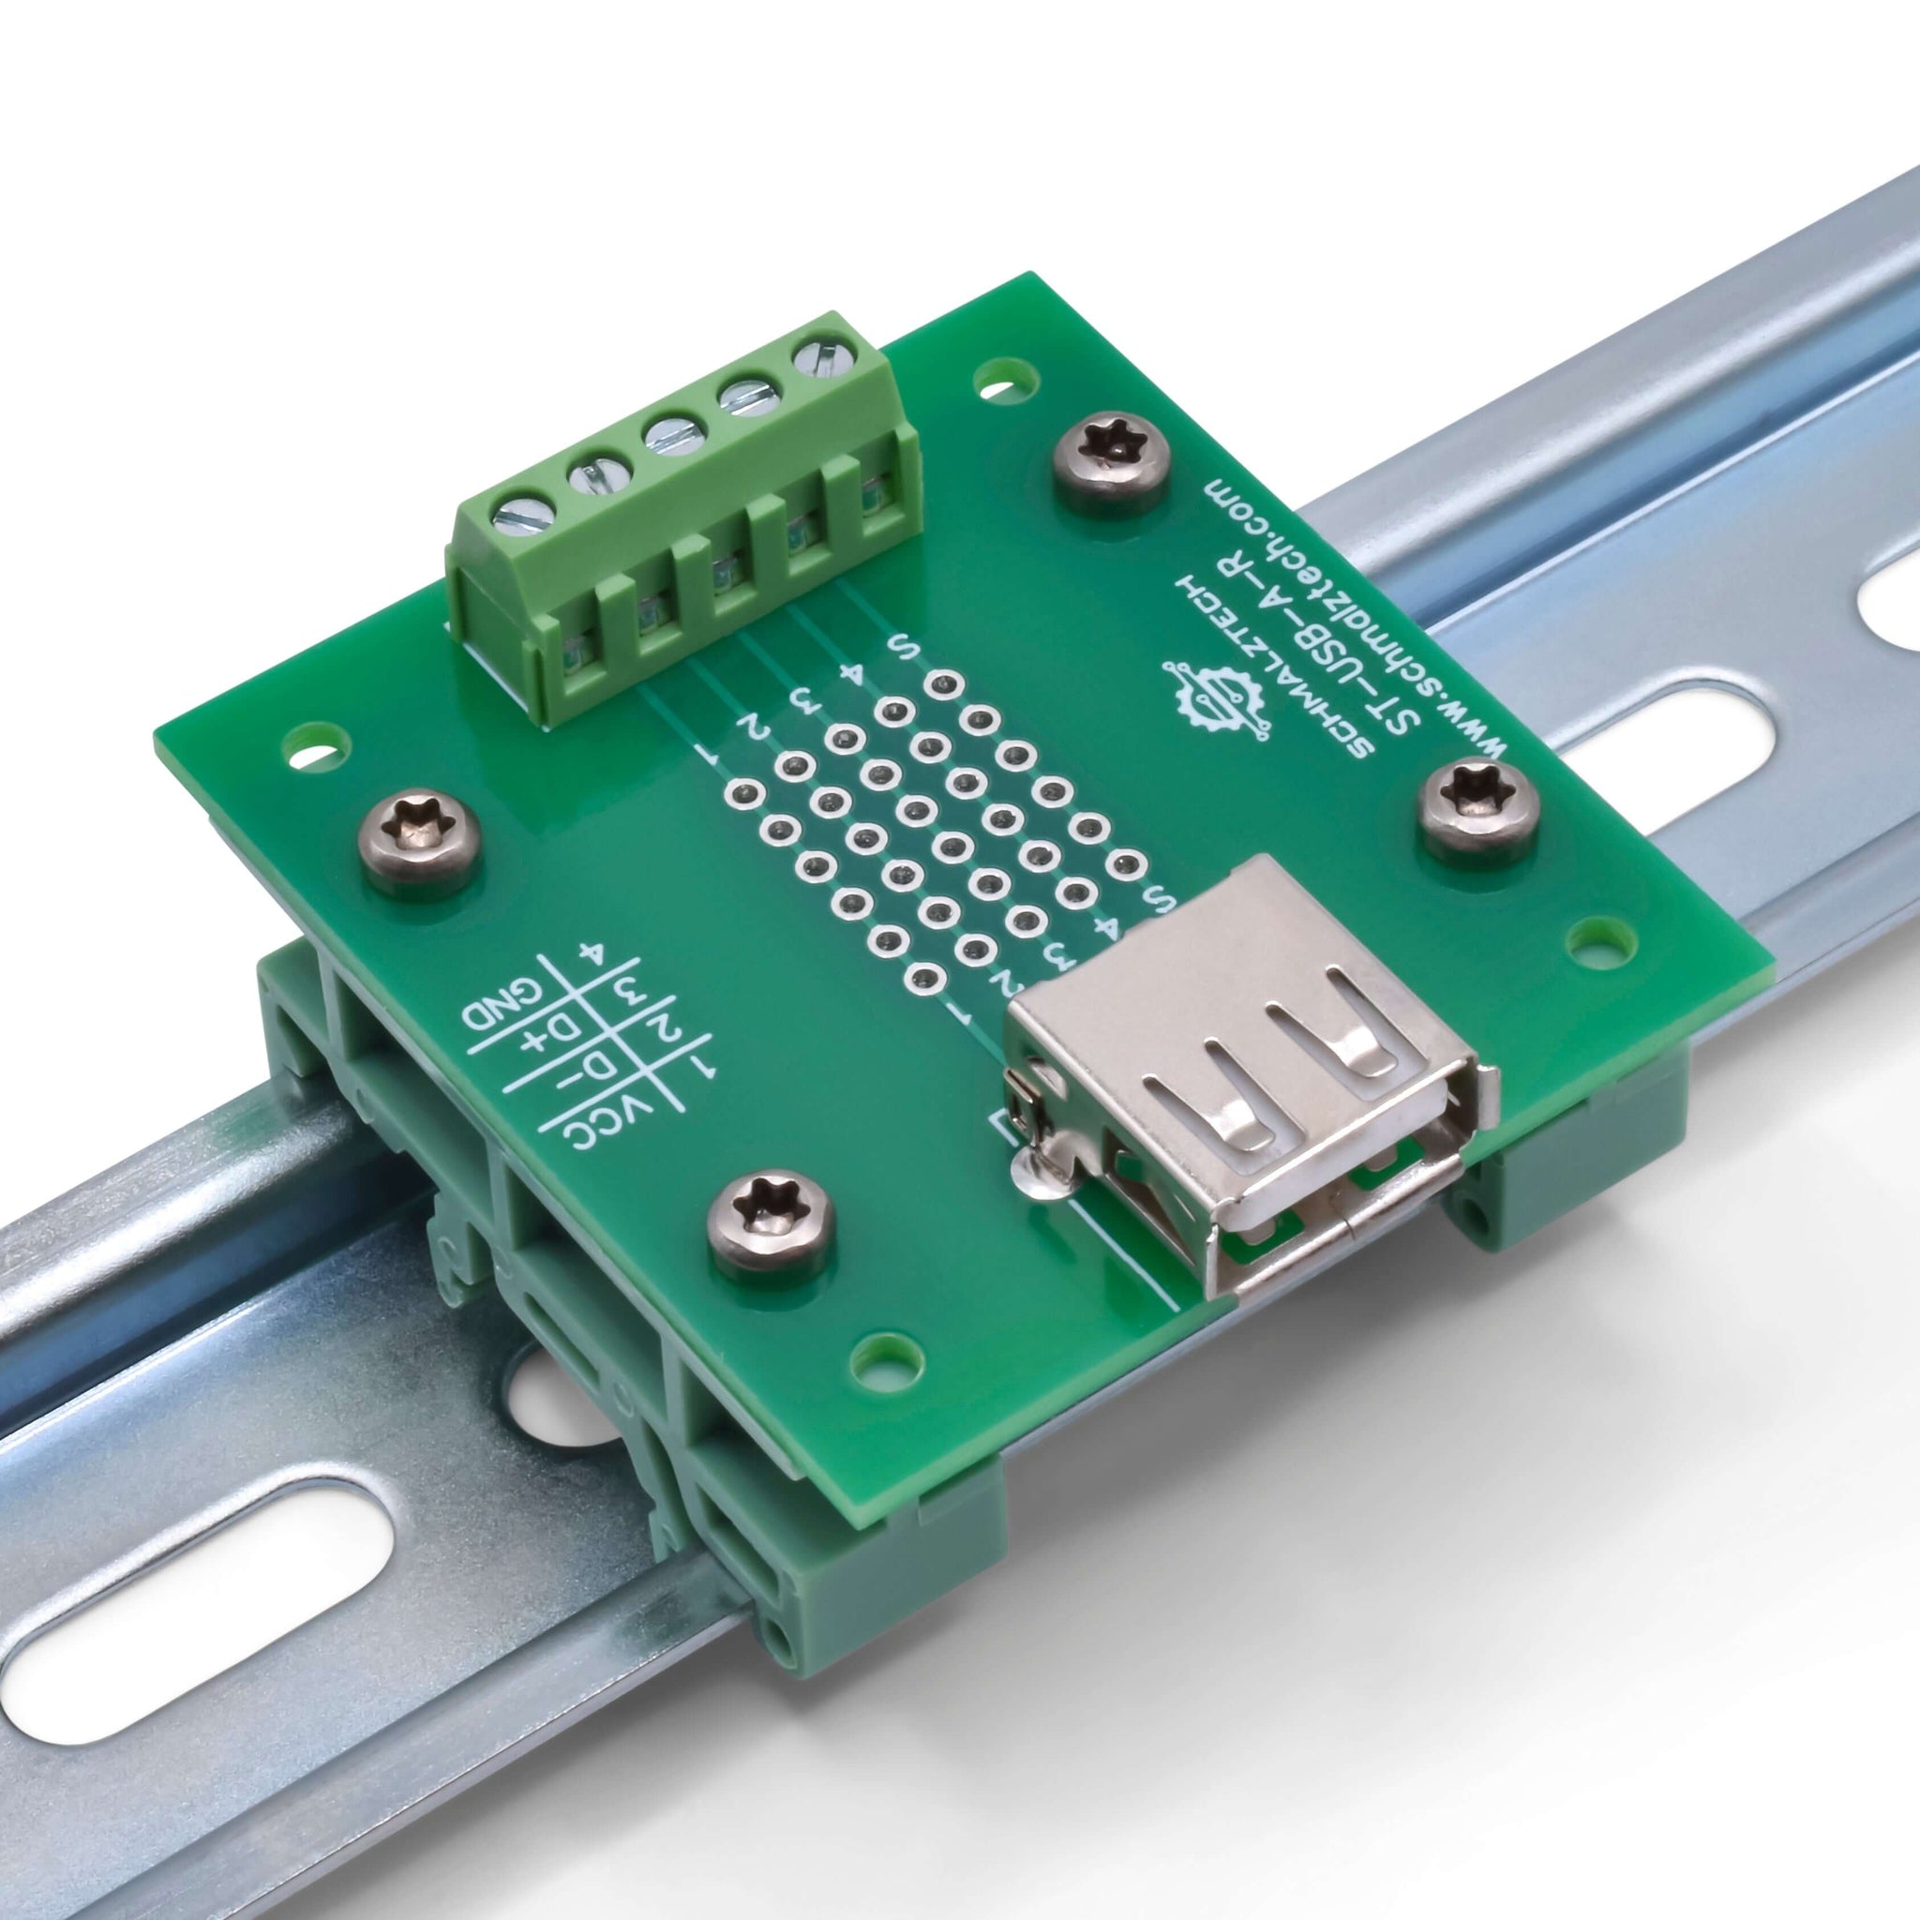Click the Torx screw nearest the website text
coord(1109,467)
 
